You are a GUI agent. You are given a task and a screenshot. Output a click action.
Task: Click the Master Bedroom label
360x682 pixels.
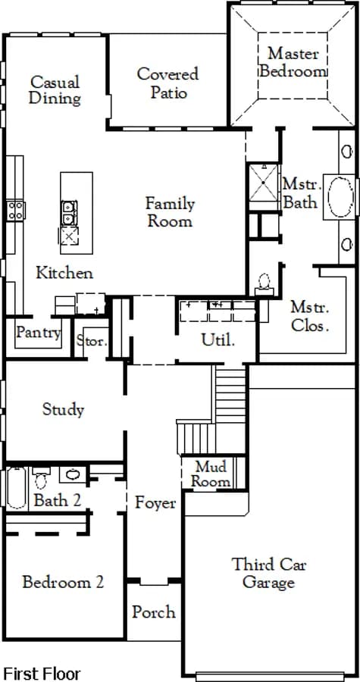(293, 62)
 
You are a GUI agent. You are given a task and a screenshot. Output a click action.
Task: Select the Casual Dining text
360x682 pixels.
(55, 90)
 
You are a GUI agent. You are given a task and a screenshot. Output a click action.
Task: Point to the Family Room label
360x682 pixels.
(170, 212)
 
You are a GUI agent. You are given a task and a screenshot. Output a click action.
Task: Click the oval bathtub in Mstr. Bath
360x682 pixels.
(341, 196)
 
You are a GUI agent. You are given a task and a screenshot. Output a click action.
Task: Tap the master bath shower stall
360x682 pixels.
(263, 182)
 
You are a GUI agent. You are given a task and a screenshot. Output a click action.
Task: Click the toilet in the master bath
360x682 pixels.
(264, 283)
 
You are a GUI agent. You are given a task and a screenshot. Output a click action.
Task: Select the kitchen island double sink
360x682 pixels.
(69, 213)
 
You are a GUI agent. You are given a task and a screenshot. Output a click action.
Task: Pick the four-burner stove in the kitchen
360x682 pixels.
(15, 210)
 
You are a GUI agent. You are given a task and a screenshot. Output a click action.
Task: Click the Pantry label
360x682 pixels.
(39, 333)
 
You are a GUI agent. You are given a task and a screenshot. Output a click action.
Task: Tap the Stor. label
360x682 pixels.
(92, 340)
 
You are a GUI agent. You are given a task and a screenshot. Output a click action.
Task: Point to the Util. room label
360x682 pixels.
(218, 340)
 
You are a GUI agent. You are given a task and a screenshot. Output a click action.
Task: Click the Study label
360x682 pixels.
(63, 409)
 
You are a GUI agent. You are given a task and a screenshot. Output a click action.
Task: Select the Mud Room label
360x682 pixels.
(211, 474)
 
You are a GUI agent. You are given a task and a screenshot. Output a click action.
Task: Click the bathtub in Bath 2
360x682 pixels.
(17, 488)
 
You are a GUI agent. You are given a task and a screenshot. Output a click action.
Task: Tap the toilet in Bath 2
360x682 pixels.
(41, 477)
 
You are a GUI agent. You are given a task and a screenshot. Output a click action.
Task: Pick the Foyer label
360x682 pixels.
(155, 503)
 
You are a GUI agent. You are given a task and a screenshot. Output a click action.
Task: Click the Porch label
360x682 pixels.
(154, 612)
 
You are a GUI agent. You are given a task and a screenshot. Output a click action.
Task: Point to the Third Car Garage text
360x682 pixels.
(269, 574)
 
